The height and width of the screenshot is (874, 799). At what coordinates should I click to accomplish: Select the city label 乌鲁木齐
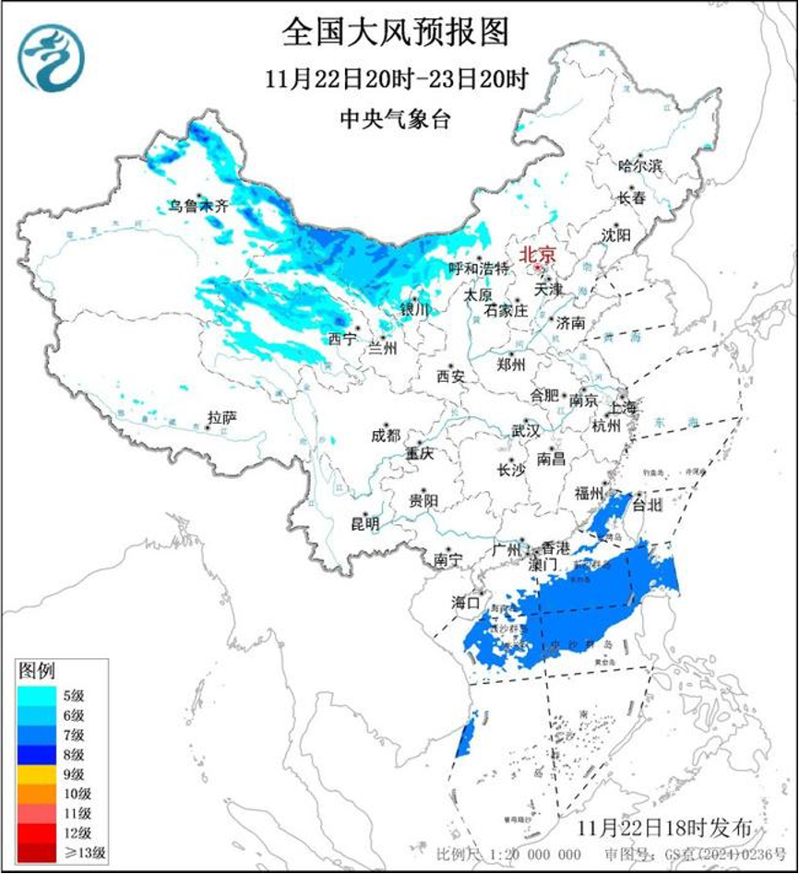[x=197, y=206]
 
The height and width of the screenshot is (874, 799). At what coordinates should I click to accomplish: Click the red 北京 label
[x=538, y=253]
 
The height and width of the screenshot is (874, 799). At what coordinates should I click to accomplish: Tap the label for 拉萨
[x=222, y=417]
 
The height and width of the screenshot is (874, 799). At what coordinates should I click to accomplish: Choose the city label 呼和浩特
[x=478, y=269]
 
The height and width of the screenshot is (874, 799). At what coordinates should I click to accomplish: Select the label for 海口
[x=465, y=603]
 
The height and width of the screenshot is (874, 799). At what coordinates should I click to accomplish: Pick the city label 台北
[x=646, y=505]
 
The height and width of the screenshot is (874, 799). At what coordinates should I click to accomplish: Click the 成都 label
[x=386, y=435]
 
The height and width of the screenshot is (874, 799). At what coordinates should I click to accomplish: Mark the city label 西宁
[x=341, y=339]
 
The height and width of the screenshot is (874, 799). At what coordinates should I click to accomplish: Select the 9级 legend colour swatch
[x=38, y=774]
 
